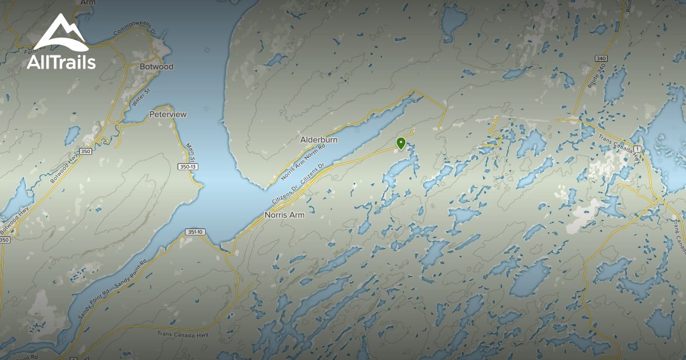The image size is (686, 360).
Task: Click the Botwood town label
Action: [x=156, y=67]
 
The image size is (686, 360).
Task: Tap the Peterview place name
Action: [x=168, y=114]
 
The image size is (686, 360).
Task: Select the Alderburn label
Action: [x=319, y=139]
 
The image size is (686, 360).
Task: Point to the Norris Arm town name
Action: [x=284, y=215]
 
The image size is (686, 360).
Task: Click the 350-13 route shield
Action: [x=188, y=167]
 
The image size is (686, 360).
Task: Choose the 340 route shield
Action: [x=600, y=59]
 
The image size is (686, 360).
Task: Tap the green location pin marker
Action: [x=401, y=143]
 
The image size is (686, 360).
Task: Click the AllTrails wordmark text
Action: [x=61, y=62]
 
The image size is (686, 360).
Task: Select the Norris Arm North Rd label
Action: [x=302, y=162]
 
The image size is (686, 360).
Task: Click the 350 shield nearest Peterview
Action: [x=86, y=151]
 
